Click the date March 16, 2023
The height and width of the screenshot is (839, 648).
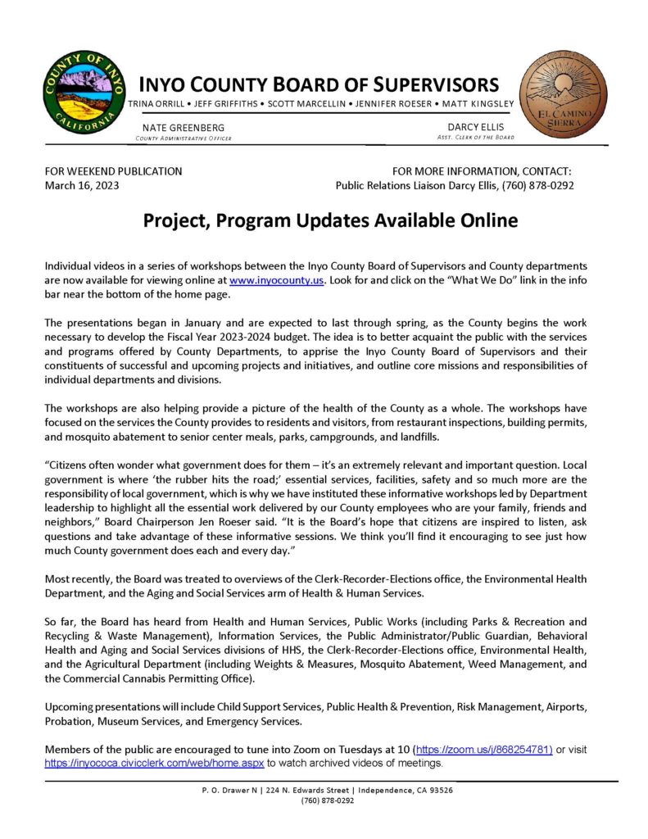(82, 186)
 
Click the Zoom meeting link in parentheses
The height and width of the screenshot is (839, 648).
(483, 750)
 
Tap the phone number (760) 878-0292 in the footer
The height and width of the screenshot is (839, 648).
(328, 800)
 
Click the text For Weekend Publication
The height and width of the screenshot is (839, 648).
(113, 171)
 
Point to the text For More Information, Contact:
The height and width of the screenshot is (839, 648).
(482, 171)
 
